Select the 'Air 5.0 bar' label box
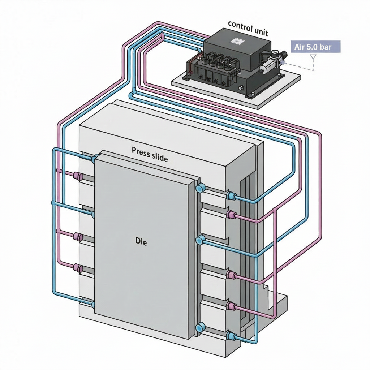pos(315,47)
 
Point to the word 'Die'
pos(141,241)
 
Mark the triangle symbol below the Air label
pos(313,57)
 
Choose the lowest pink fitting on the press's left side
pos(78,268)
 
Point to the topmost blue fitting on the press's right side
pos(230,196)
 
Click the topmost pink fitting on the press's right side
pos(230,215)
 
